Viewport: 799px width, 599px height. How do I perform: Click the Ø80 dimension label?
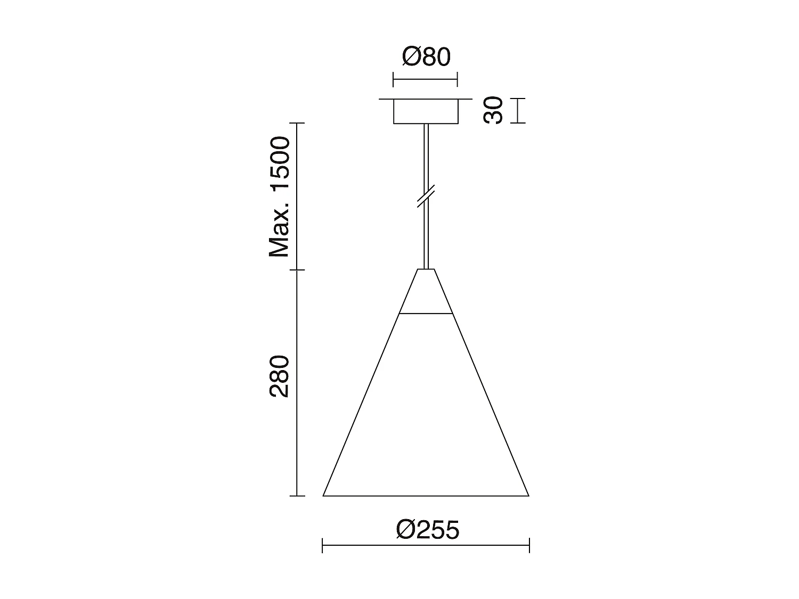pyautogui.click(x=426, y=56)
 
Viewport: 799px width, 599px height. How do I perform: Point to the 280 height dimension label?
pyautogui.click(x=279, y=376)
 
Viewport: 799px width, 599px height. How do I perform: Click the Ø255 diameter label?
pyautogui.click(x=427, y=530)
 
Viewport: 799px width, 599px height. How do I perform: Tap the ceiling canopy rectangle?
pyautogui.click(x=426, y=111)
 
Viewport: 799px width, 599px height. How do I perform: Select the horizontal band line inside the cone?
pyautogui.click(x=426, y=314)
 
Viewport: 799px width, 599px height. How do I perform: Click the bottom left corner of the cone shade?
pyautogui.click(x=324, y=495)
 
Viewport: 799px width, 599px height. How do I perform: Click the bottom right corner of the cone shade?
pyautogui.click(x=528, y=495)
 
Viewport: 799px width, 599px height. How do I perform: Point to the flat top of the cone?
pyautogui.click(x=426, y=269)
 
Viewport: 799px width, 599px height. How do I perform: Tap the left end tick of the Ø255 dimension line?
pyautogui.click(x=323, y=545)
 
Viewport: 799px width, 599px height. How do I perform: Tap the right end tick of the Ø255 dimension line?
pyautogui.click(x=529, y=545)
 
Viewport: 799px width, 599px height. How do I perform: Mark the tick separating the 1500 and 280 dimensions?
pyautogui.click(x=297, y=270)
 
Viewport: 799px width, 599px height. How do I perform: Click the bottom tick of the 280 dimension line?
pyautogui.click(x=297, y=496)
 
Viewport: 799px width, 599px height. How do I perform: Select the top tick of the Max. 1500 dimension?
pyautogui.click(x=297, y=124)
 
